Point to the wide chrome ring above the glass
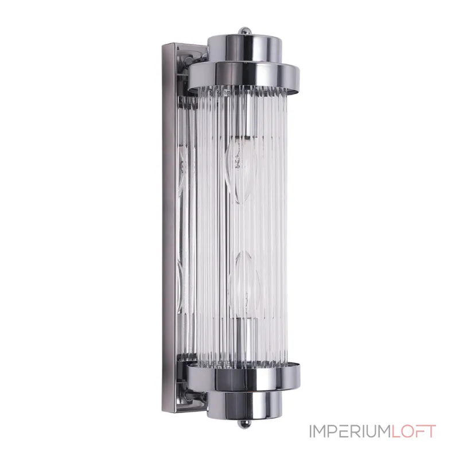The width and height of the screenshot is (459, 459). tap(244, 75)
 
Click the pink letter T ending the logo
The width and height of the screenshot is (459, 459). tap(430, 431)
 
